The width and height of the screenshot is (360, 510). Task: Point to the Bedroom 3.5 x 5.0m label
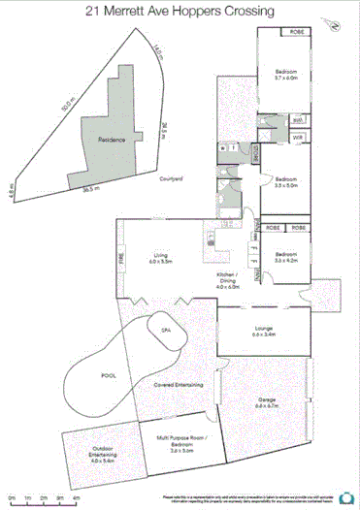pos(285,182)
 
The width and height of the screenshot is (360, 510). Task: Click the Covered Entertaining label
pos(178,385)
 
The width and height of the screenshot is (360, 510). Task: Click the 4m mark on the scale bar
pos(76,496)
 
